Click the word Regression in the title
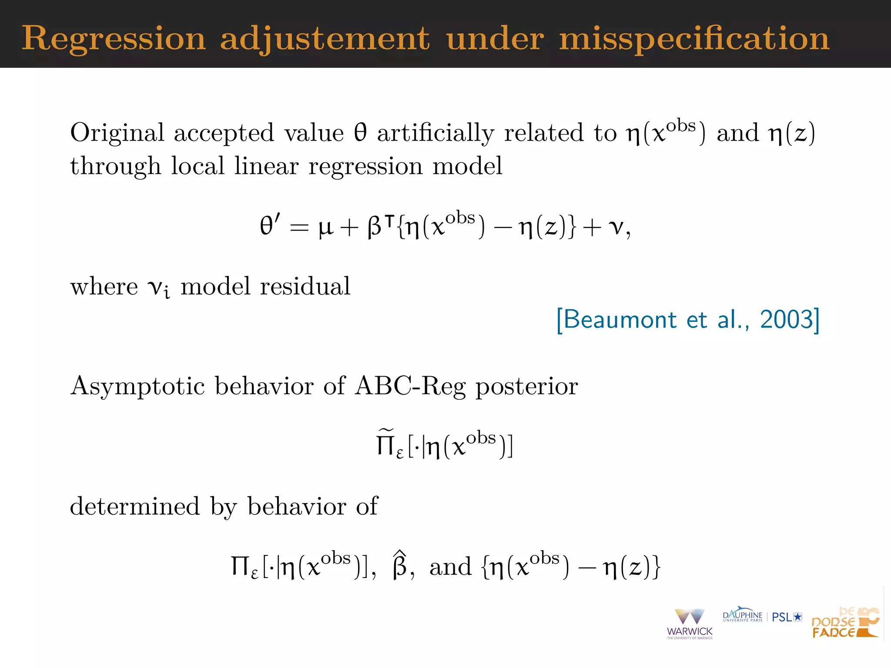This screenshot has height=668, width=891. [x=114, y=39]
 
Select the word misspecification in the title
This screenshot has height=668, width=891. [x=694, y=39]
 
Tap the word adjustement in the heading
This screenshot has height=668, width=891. [x=325, y=39]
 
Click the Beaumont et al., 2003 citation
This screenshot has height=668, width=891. [x=688, y=320]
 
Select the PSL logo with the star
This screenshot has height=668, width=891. [x=787, y=617]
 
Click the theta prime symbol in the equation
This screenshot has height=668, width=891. [x=269, y=226]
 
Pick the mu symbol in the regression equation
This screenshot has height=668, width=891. [x=326, y=227]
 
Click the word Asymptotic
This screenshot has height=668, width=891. [x=137, y=386]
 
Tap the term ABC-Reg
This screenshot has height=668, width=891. [x=410, y=386]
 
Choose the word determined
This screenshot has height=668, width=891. [x=135, y=506]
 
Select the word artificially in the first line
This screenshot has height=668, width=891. [x=435, y=133]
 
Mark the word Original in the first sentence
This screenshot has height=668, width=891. [x=117, y=133]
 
